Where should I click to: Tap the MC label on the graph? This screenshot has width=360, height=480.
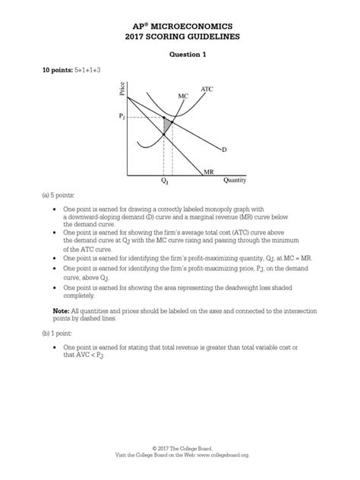tap(183, 96)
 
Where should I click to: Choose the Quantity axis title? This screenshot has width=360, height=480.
tap(235, 181)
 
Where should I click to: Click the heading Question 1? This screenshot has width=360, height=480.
tap(179, 54)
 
